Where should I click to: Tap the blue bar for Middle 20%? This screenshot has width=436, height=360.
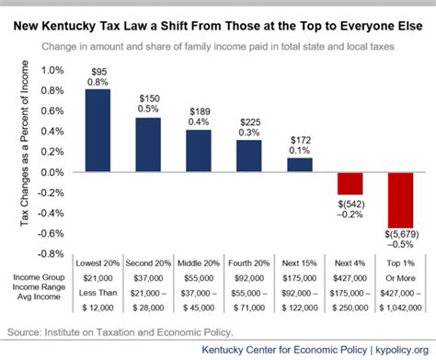pos(199,151)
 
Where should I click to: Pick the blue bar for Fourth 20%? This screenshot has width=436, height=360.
pos(248,156)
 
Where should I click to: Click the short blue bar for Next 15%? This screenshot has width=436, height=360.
pos(299,166)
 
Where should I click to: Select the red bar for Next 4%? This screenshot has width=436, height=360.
pos(350,183)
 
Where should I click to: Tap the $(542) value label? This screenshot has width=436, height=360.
pos(350,202)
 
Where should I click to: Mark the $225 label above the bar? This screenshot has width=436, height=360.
pos(249,122)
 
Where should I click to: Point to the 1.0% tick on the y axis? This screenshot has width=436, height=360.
pos(52,70)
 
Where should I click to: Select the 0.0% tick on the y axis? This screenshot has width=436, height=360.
pos(52,172)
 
